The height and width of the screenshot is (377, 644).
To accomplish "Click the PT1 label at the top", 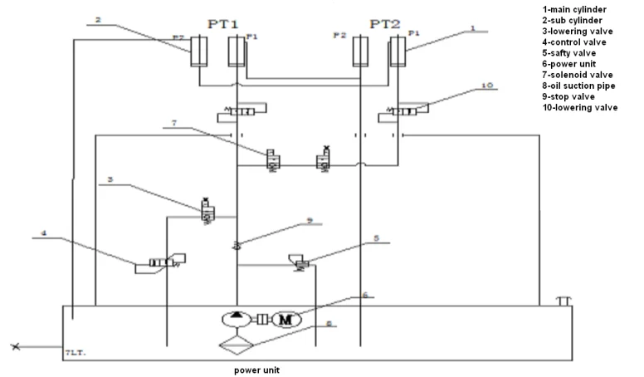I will click(x=222, y=24).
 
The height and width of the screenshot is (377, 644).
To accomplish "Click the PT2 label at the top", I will click(x=385, y=24).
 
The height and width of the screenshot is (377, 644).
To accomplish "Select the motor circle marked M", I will click(x=284, y=320).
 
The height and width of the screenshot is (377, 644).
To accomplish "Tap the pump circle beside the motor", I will click(x=237, y=320).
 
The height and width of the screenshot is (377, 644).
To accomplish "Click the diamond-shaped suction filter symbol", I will click(x=237, y=341).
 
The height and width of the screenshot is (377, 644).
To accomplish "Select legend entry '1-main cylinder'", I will click(x=572, y=10).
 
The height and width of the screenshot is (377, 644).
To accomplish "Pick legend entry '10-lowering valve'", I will click(x=578, y=107).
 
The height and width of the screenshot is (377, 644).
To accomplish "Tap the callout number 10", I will click(x=489, y=85).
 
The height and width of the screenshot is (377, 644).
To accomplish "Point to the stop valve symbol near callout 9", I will click(x=237, y=243).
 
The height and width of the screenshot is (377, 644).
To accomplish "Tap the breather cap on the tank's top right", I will click(x=563, y=299).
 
